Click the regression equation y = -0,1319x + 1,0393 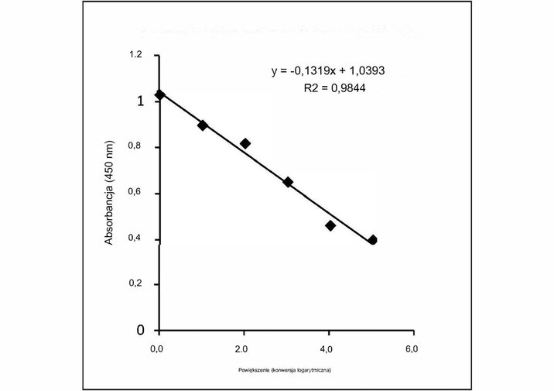[x=328, y=71]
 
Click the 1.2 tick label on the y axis [x=135, y=56]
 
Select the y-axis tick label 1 [x=140, y=101]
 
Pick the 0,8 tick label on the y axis [x=135, y=147]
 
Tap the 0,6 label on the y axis [x=135, y=193]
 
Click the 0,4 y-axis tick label [x=135, y=239]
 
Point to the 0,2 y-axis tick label [x=135, y=285]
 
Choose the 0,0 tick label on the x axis [x=158, y=349]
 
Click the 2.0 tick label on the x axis [x=242, y=349]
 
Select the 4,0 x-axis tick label [x=327, y=349]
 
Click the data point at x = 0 [x=160, y=94]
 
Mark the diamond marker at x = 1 [x=203, y=125]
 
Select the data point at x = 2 [x=245, y=143]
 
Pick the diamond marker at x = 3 [x=288, y=182]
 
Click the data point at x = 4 [x=330, y=225]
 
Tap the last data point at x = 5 [x=372, y=240]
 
